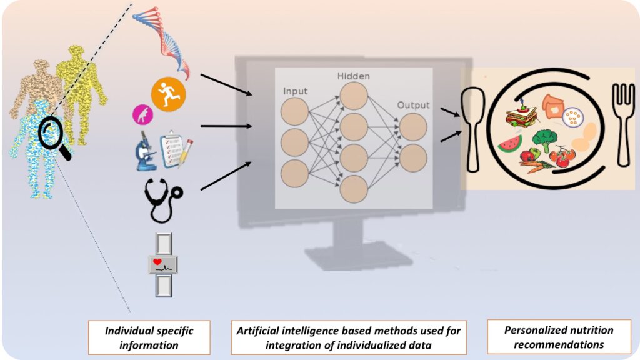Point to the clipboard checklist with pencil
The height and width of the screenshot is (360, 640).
point(176,149)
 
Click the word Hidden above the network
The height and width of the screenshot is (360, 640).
point(354,76)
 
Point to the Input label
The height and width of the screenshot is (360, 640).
point(295,92)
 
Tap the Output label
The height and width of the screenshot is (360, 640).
point(413,105)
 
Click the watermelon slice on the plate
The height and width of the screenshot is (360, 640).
point(510,144)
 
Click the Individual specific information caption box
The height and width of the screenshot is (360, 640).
point(148,337)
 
